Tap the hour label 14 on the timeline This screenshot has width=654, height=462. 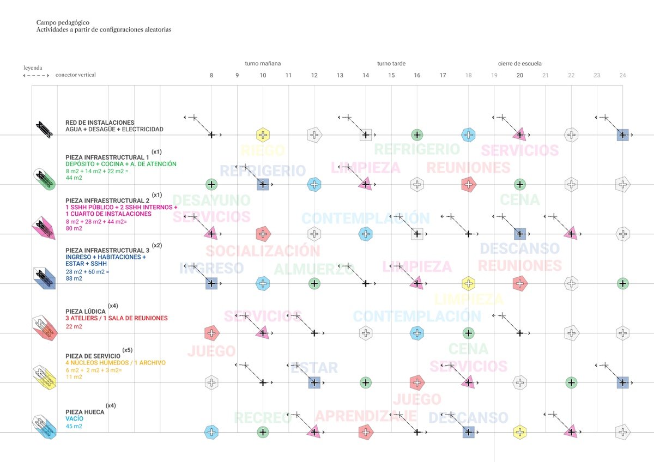click(366, 75)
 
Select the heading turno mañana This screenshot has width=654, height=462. click(263, 64)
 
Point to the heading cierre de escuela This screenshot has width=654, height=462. click(519, 64)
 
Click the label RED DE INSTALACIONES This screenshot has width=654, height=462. click(100, 123)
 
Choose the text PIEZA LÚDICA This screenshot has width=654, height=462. click(86, 311)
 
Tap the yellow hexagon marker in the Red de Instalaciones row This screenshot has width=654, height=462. click(263, 135)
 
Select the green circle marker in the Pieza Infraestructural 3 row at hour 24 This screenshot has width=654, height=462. click(623, 283)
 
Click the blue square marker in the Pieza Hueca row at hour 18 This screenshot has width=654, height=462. click(468, 432)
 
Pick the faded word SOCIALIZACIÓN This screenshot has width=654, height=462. click(263, 251)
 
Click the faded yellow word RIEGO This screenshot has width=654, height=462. click(263, 151)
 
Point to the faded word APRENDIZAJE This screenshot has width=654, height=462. click(366, 416)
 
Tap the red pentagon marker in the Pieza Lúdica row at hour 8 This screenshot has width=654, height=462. click(211, 333)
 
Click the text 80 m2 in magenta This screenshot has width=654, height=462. click(74, 228)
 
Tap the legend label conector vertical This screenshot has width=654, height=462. click(75, 75)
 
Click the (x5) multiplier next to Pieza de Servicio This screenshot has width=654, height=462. click(127, 350)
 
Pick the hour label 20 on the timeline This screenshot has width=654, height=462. click(519, 75)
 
